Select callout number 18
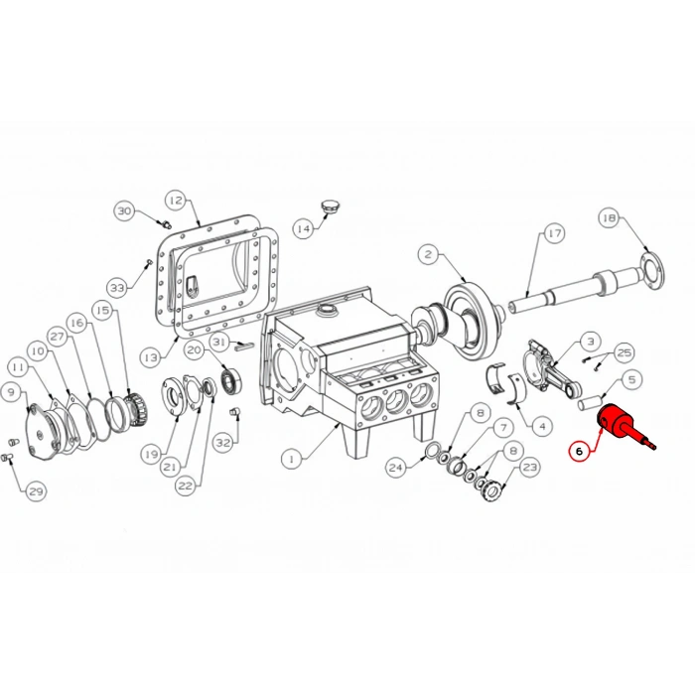tap(609, 217)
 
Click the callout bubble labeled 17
tap(553, 234)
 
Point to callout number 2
tap(428, 254)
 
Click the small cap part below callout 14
tap(331, 206)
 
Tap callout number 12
tap(175, 200)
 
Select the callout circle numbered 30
tap(124, 210)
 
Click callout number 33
tap(118, 288)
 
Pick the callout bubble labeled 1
tap(290, 459)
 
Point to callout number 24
tap(396, 467)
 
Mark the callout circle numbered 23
tap(529, 467)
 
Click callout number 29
tap(36, 490)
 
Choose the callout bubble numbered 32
tap(222, 442)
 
